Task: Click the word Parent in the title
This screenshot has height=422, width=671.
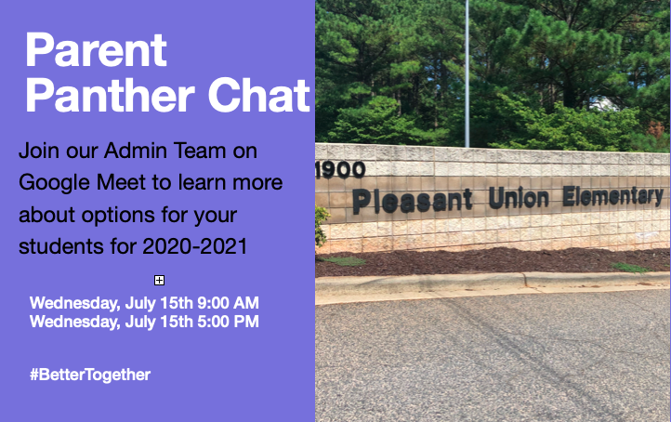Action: tap(96, 50)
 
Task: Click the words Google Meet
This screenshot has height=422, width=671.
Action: tap(71, 182)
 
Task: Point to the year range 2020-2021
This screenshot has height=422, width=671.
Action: tap(197, 247)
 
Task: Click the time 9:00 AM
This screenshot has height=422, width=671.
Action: tap(226, 303)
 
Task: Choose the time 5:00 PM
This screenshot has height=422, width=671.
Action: tap(226, 322)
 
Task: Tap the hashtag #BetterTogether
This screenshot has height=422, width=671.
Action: tap(89, 375)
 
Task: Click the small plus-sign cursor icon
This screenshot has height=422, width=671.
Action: tap(159, 280)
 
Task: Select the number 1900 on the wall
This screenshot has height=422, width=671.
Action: tap(340, 170)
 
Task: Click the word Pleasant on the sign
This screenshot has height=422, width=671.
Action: tap(412, 200)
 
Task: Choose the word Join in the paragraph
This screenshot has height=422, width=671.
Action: tap(38, 150)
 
